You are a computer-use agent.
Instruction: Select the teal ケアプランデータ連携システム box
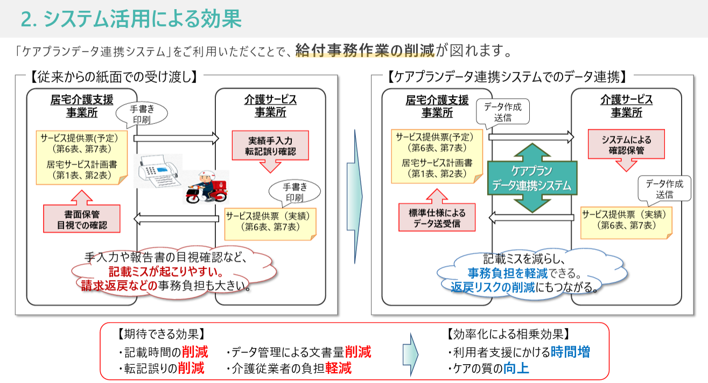pos(532,179)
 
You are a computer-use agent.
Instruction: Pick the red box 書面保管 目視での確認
pos(81,218)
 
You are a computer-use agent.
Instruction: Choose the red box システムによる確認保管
pos(626,144)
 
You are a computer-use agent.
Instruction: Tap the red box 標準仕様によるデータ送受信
pos(437,218)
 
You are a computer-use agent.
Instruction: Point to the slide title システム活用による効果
pos(131,19)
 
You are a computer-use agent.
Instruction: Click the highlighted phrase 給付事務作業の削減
pos(364,51)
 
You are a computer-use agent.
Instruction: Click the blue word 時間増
pos(570,352)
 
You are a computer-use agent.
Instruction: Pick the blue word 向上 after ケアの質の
pos(516,368)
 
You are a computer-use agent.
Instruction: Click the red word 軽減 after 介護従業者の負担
pos(338,368)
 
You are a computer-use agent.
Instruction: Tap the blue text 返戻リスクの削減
pos(493,286)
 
